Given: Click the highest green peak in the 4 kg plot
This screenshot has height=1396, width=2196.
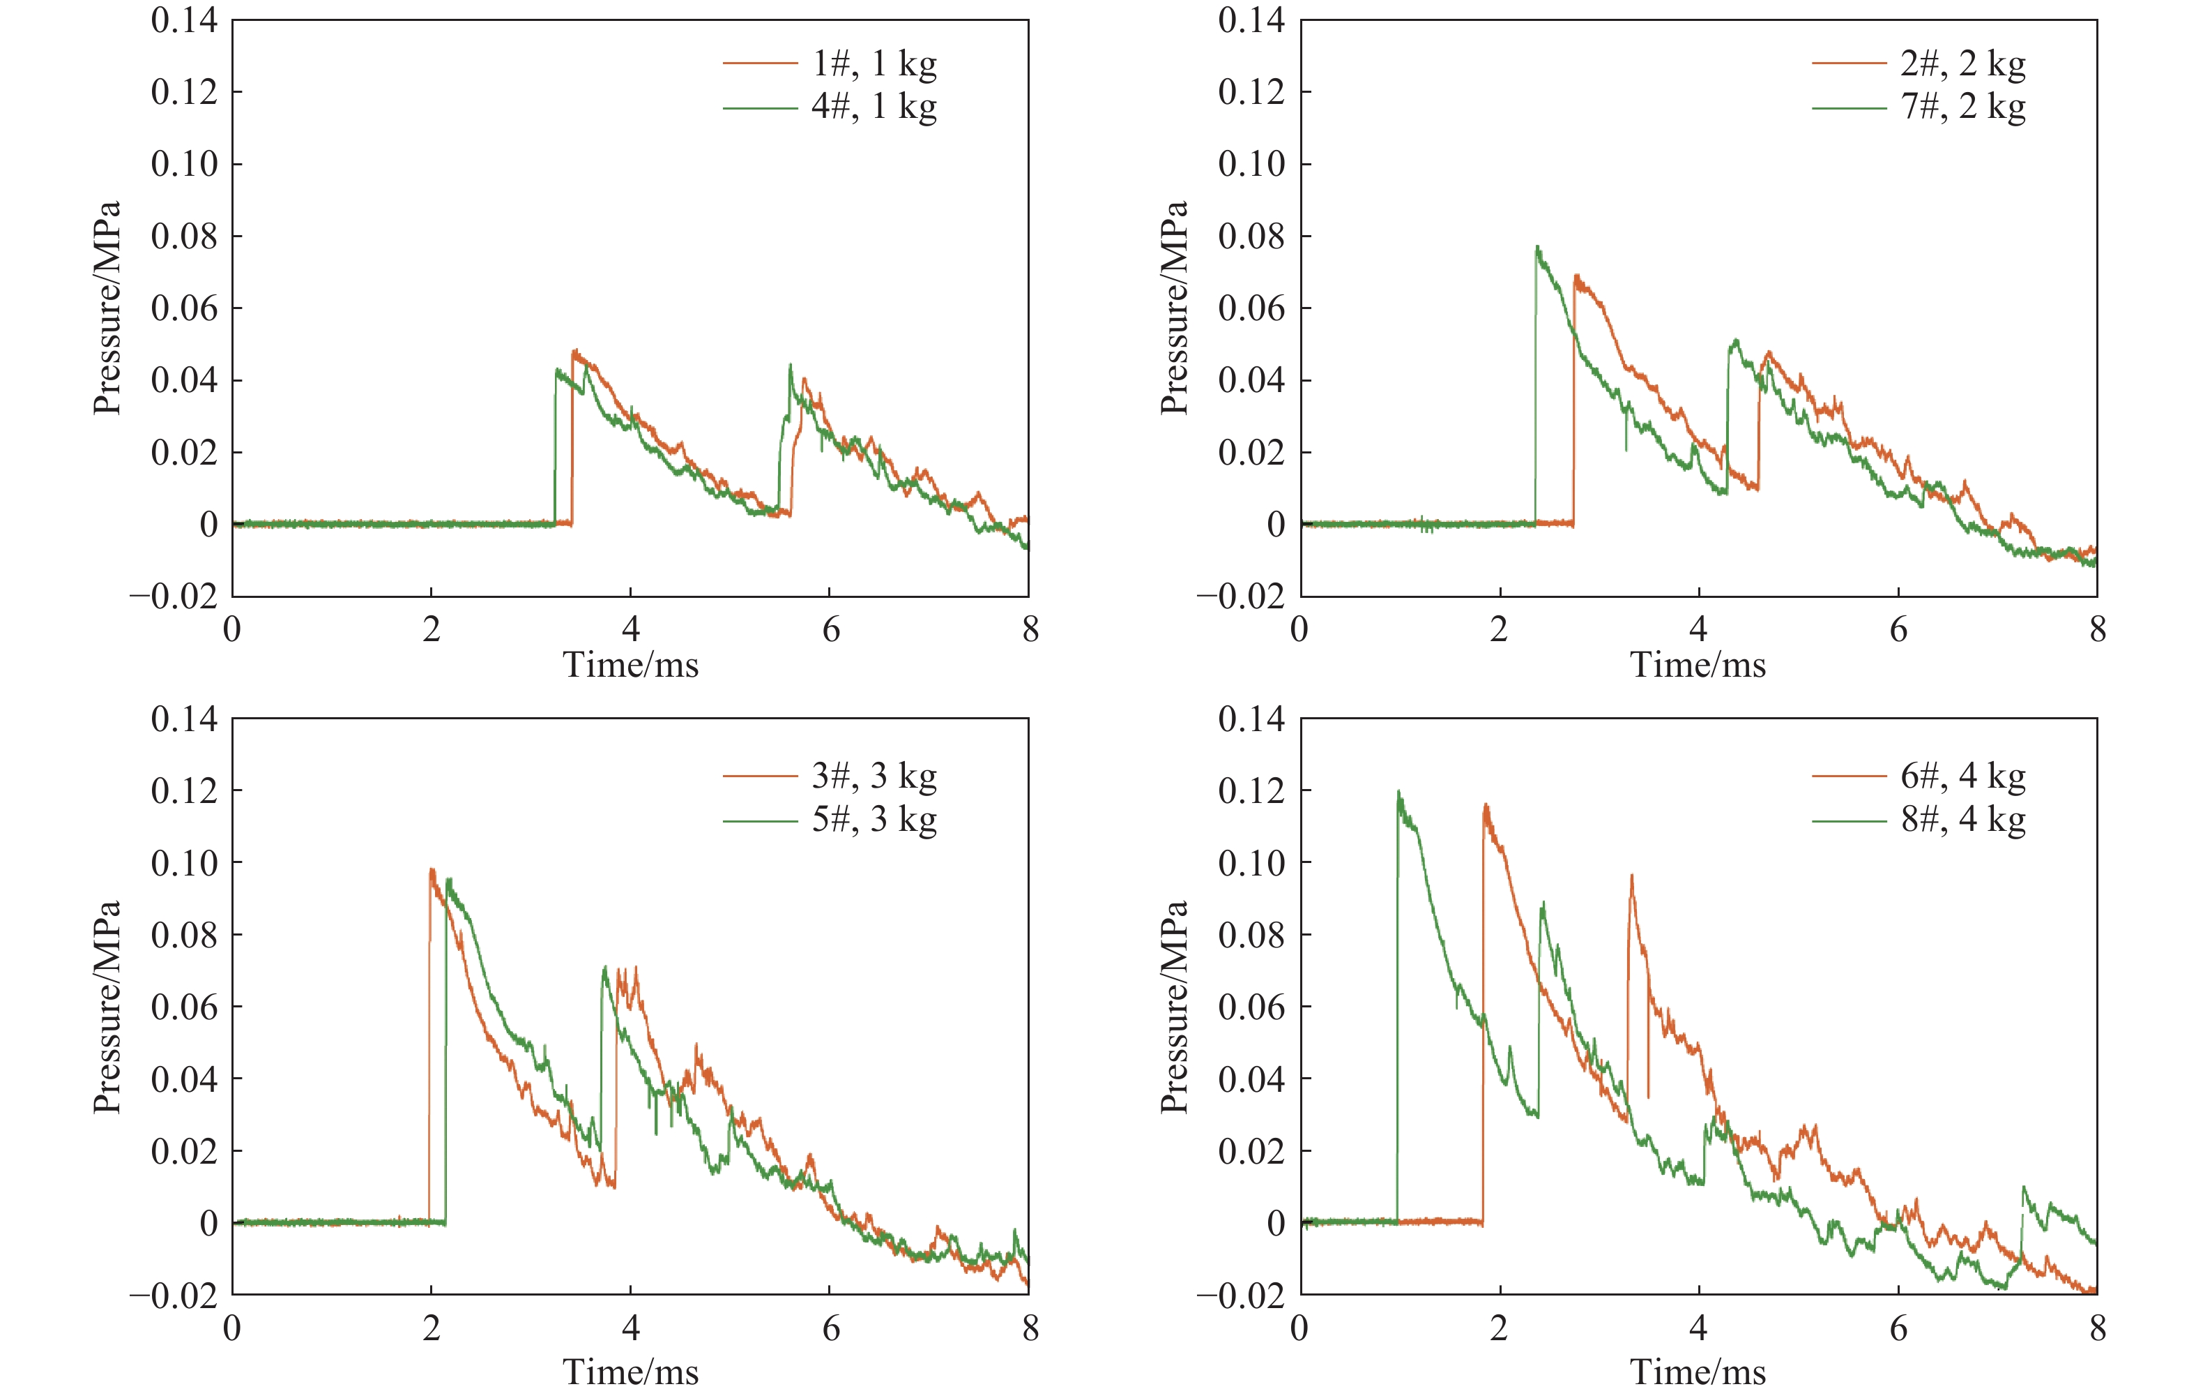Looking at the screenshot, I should [x=1399, y=792].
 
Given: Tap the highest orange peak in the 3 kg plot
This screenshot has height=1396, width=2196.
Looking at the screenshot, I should [x=432, y=869].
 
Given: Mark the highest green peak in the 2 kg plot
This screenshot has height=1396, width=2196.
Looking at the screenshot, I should [x=1538, y=246].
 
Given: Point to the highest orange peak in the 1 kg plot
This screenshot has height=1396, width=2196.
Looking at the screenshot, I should [x=574, y=350].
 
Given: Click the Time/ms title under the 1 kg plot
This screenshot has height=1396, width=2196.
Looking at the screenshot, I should [x=630, y=665].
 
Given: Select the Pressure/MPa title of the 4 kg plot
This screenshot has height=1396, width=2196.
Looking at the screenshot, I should [x=1174, y=1007].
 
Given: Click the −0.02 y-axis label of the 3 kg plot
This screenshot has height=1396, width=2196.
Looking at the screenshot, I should [x=174, y=1296].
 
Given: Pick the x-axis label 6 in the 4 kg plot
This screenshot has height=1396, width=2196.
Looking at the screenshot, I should [x=1898, y=1328].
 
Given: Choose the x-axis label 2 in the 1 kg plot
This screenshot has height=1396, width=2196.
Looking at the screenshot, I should [x=432, y=629].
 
